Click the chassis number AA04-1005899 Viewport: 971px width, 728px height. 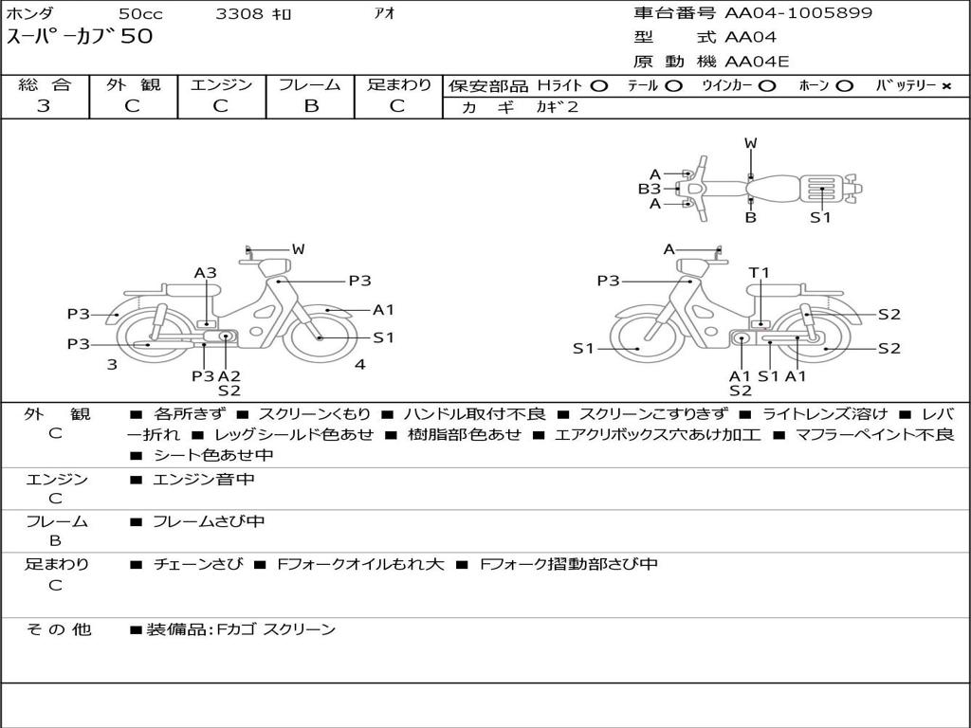pyautogui.click(x=798, y=13)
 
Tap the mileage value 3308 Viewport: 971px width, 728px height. pyautogui.click(x=239, y=13)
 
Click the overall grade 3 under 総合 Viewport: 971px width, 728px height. pyautogui.click(x=44, y=106)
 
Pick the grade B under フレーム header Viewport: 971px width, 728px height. pyautogui.click(x=311, y=106)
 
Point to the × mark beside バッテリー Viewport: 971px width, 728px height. pyautogui.click(x=946, y=86)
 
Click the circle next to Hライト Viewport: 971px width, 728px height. pyautogui.click(x=599, y=86)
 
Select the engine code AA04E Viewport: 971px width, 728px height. pyautogui.click(x=757, y=62)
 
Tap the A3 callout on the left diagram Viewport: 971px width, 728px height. pyautogui.click(x=206, y=273)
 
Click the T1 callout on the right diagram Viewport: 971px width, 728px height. pyautogui.click(x=759, y=273)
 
